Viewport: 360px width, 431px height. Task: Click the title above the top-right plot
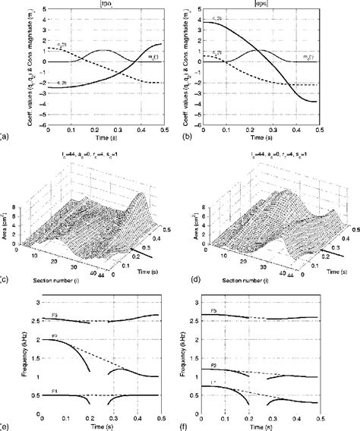point(269,5)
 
